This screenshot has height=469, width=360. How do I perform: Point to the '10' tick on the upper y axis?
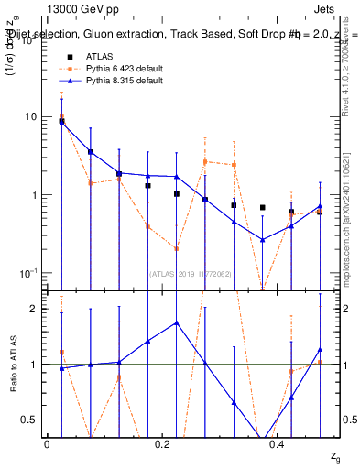click(x=30, y=116)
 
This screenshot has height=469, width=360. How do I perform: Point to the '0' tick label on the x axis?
click(x=46, y=444)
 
